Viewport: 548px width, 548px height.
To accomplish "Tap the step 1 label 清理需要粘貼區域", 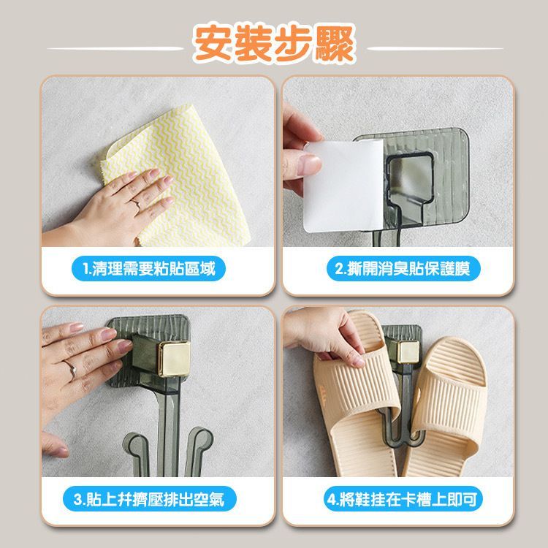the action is click(x=148, y=268).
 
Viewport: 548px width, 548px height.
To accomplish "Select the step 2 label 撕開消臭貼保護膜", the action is click(x=403, y=268).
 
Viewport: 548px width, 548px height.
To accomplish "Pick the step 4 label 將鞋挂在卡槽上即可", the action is click(x=403, y=498).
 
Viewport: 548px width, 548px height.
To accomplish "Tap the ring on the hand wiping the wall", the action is click(x=136, y=203).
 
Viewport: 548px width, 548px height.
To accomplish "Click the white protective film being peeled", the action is click(x=344, y=186).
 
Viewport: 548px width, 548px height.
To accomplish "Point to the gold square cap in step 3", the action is click(x=174, y=357).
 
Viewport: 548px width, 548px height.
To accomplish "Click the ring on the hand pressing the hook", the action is click(x=71, y=369).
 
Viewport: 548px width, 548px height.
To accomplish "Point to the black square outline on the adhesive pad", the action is click(x=411, y=180).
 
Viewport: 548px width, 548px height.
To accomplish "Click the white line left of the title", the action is click(x=115, y=48).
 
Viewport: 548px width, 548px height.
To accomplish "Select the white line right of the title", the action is click(x=435, y=48).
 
